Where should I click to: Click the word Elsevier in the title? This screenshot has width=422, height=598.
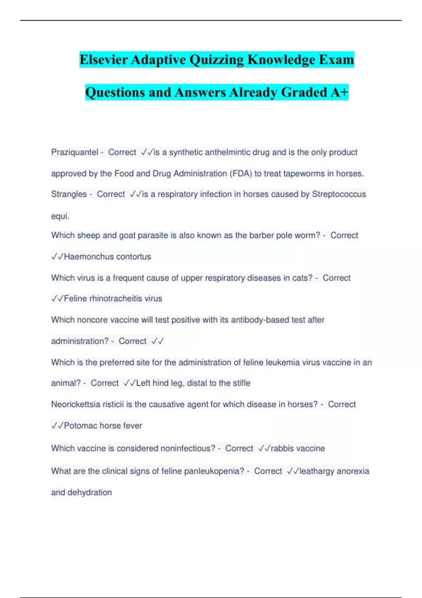[x=103, y=59]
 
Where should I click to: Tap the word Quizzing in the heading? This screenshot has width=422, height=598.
[x=216, y=59]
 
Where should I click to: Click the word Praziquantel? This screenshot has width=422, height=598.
[x=75, y=152]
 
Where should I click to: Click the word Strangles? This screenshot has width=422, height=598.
[x=69, y=194]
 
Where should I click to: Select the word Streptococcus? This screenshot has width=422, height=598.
[x=339, y=194]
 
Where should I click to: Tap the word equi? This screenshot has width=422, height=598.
[x=60, y=216]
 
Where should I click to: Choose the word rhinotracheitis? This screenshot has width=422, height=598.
[x=116, y=299]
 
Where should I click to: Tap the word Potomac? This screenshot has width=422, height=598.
[x=81, y=426]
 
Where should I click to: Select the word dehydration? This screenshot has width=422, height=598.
[x=89, y=492]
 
